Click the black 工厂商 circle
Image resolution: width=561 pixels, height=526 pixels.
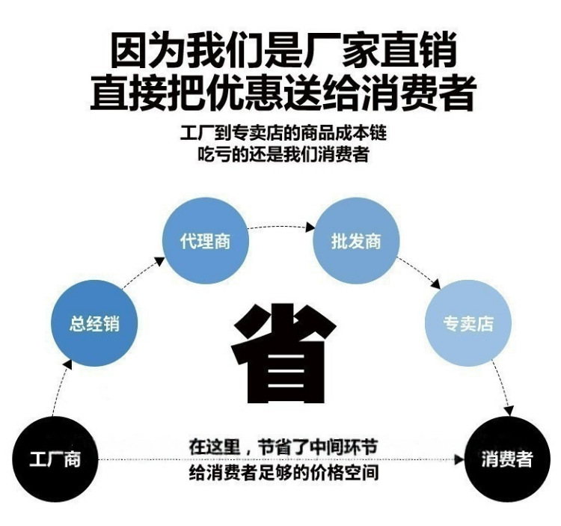pos(55,459)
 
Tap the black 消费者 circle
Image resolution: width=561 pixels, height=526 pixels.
pos(507,459)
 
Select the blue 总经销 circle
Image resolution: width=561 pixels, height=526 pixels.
pos(94,323)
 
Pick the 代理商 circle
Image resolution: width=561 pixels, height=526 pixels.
pos(206,241)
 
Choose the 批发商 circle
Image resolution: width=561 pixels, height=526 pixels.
pos(356,241)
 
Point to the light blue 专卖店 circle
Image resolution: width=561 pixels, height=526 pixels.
pos(468,323)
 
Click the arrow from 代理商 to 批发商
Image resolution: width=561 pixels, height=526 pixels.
pos(281,227)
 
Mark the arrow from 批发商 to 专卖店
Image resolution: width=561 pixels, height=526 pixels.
pos(420,272)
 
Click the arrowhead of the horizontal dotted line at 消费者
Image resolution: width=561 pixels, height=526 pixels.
pos(459,459)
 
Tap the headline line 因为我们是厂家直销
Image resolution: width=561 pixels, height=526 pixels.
pos(283,49)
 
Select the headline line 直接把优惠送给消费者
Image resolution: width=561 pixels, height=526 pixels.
pos(283,92)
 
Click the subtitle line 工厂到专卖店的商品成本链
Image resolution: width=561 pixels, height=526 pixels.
pos(283,132)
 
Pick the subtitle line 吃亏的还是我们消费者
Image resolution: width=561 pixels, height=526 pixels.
pos(283,154)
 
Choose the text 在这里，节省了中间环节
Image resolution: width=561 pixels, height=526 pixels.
pos(283,447)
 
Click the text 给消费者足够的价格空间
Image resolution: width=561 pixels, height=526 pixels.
pos(283,472)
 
